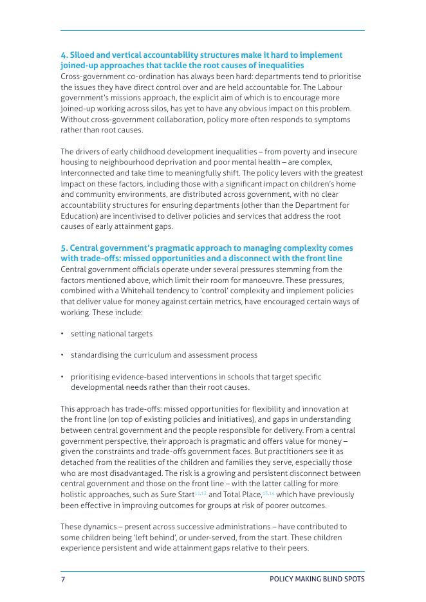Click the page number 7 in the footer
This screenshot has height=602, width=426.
[x=63, y=579]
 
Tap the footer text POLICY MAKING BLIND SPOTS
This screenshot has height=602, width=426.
[x=317, y=579]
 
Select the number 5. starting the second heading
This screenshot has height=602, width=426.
[x=64, y=248]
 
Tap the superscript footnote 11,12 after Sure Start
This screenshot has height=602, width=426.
[x=201, y=493]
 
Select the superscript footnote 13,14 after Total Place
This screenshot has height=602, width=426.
[x=268, y=493]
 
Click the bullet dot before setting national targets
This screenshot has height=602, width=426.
[x=62, y=334]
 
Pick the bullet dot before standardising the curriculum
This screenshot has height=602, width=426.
[x=62, y=355]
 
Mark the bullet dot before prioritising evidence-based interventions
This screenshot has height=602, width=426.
[x=62, y=376]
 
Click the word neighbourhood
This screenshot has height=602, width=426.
[x=122, y=163]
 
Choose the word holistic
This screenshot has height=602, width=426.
[x=74, y=495]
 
